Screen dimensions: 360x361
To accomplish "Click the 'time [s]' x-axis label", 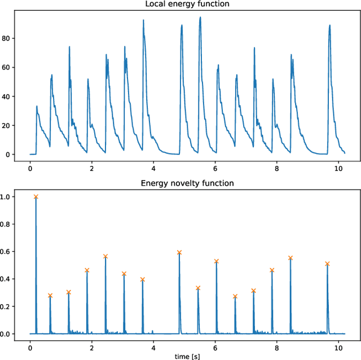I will tap(187, 356).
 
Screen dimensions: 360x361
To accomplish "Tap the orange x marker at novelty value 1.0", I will tap(36, 197).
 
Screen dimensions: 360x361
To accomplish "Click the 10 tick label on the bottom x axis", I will tap(338, 345).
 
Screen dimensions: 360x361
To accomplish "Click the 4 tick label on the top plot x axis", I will tap(153, 166).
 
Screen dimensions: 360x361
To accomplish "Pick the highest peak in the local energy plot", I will tap(200, 17).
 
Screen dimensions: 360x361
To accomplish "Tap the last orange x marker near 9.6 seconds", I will tap(327, 264).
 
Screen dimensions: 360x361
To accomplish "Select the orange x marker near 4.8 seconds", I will tap(179, 253).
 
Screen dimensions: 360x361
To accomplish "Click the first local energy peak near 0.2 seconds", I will tap(37, 106).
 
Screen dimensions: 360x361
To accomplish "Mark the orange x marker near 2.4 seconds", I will tap(105, 257).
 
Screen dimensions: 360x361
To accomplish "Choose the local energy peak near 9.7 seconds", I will tap(329, 25).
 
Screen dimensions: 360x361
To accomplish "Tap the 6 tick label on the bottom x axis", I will tap(215, 345).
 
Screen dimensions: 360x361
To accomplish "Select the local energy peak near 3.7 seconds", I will tap(143, 20).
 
